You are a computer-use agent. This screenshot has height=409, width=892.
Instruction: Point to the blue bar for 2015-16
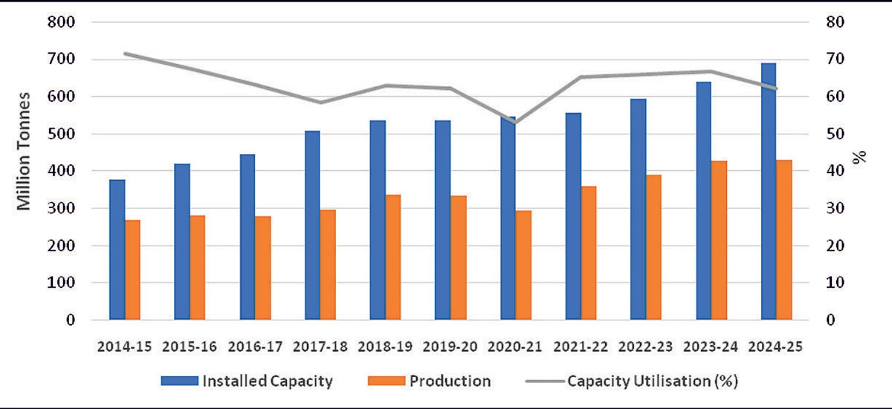click(182, 242)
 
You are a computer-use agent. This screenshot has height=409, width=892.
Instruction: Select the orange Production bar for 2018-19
click(393, 257)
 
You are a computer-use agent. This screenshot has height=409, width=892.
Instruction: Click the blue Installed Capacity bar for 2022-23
click(639, 209)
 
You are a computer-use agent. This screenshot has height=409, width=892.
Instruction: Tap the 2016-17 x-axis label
click(255, 347)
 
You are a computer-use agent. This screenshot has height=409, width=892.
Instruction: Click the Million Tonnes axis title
click(24, 151)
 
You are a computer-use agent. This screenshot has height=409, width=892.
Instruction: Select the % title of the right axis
click(860, 158)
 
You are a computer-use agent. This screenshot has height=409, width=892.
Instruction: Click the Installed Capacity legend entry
click(246, 381)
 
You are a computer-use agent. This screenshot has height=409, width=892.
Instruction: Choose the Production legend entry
click(429, 381)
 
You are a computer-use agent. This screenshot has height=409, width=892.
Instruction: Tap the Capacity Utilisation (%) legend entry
click(631, 381)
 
